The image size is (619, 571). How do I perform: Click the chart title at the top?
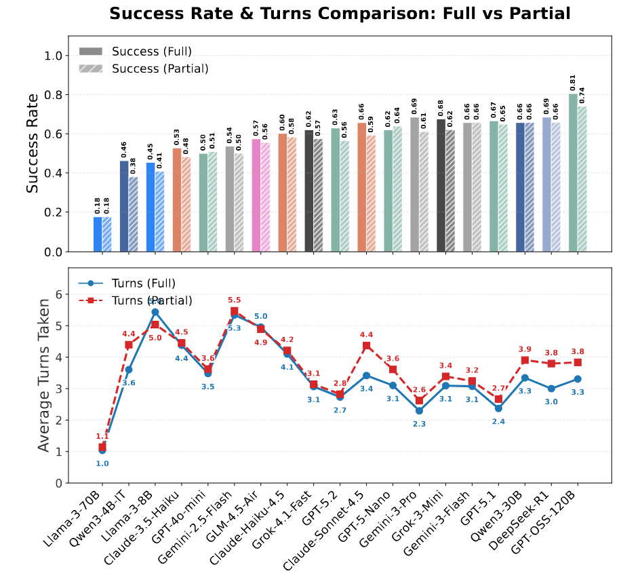point(340,14)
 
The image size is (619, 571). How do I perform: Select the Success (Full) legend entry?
point(151,52)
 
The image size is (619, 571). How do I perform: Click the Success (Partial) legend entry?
point(160,68)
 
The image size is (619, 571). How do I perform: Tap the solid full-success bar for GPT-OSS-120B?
point(573,172)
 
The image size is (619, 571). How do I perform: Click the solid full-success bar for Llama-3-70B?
point(98,234)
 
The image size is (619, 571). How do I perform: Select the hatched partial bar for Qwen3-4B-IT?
point(133,214)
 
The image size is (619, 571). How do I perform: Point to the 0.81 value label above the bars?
point(573,83)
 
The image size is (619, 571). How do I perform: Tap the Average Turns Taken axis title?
point(43,375)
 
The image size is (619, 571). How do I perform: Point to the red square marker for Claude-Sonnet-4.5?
point(367,346)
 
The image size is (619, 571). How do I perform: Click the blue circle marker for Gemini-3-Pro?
point(420,410)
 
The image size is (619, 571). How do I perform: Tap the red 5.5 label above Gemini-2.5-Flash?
point(234,300)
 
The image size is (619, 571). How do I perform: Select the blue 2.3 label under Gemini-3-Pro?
point(420,424)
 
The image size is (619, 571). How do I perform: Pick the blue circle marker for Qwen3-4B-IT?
point(129,370)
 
